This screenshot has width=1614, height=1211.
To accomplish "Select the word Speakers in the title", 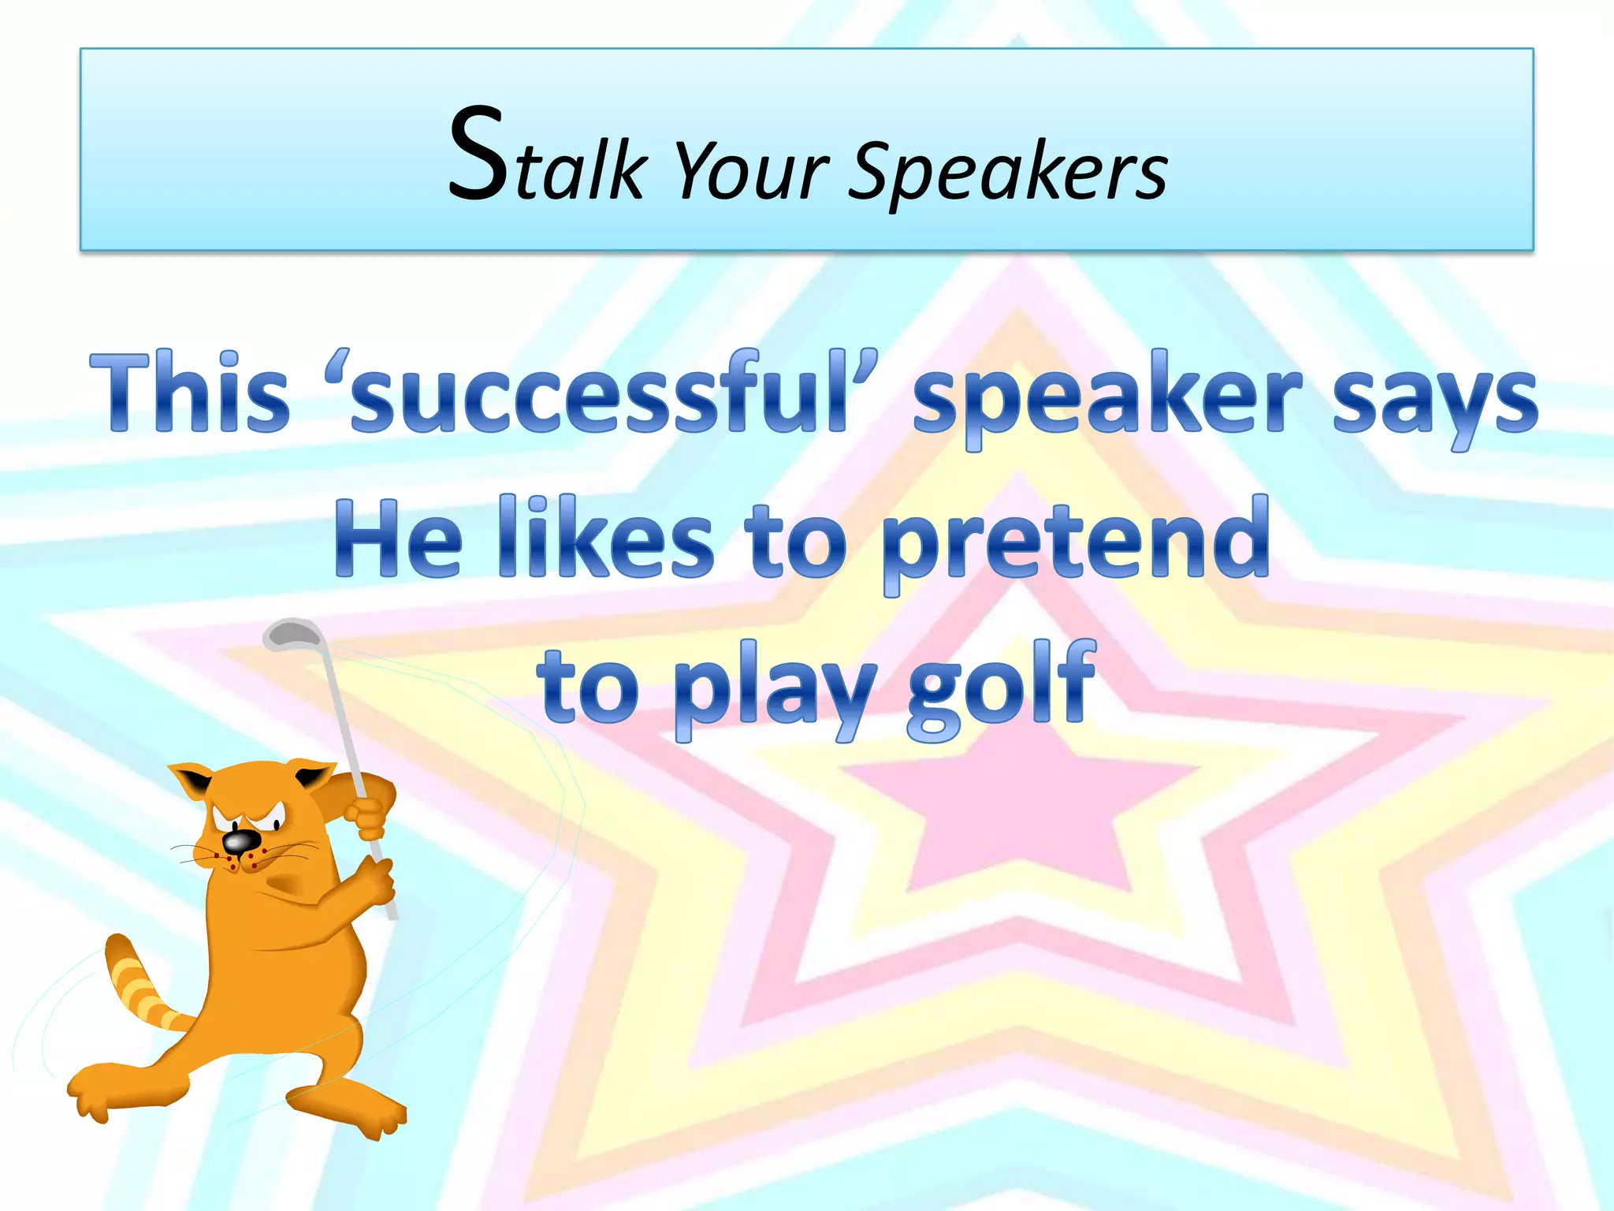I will (1010, 172).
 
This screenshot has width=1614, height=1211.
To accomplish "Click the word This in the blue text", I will (190, 393).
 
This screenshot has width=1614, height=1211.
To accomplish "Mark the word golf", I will (1001, 686).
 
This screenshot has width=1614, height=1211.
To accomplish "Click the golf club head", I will (292, 633).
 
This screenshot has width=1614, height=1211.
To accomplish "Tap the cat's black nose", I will (238, 841).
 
